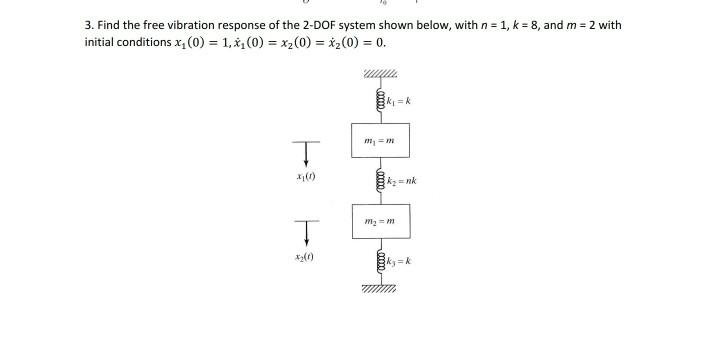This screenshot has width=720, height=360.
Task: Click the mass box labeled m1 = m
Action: pos(380,140)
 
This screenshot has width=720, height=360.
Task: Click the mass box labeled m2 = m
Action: pos(380,221)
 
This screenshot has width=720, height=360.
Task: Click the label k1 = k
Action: pos(391,102)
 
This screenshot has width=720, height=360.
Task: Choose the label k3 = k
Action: pos(392,265)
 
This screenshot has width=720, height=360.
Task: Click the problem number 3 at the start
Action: pos(88,24)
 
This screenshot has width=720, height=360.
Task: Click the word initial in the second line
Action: pos(101,44)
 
